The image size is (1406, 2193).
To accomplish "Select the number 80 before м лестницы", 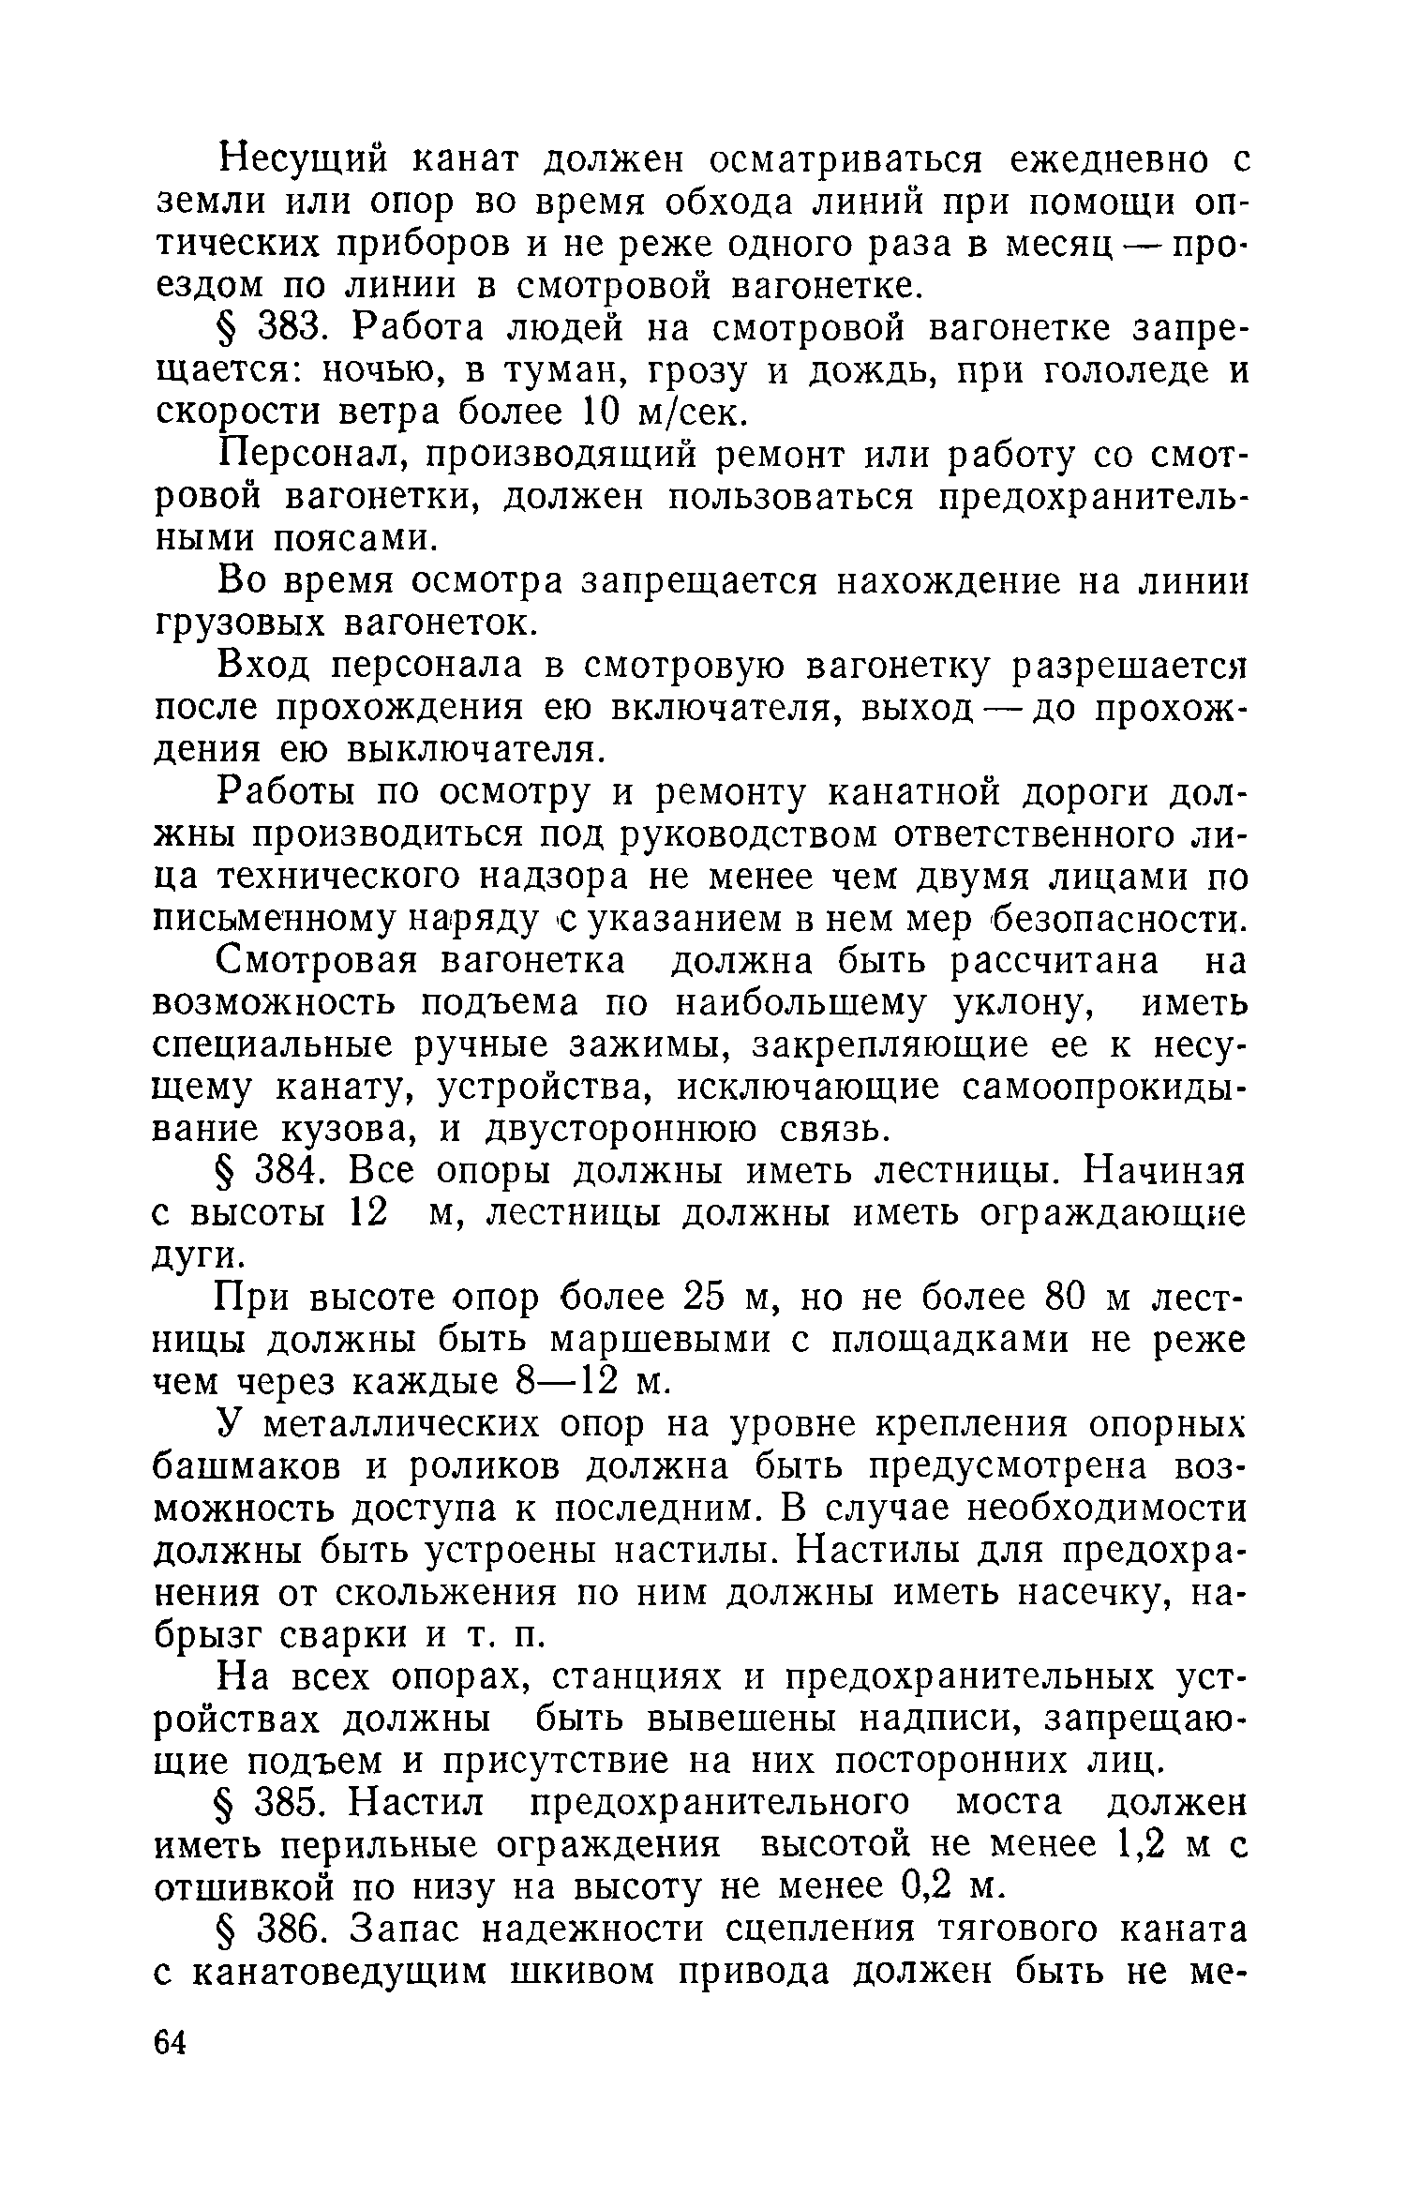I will (1064, 1299).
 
